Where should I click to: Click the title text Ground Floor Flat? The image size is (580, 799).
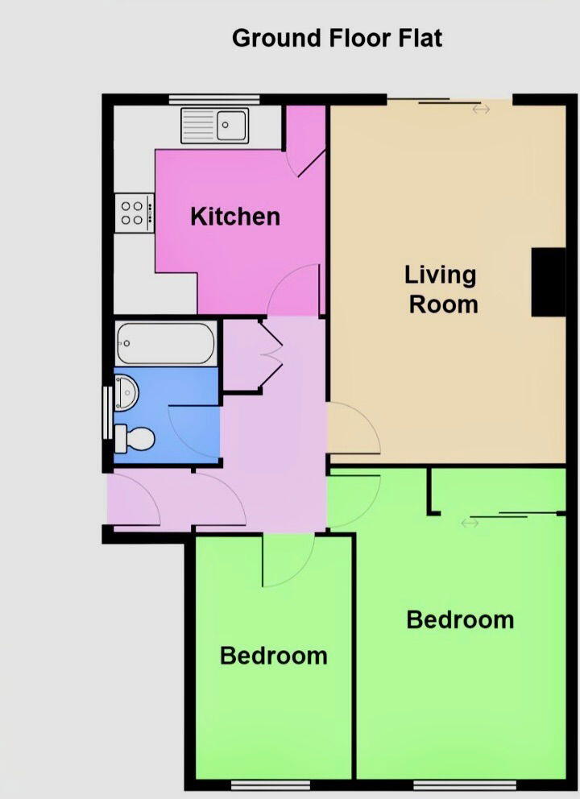pyautogui.click(x=337, y=38)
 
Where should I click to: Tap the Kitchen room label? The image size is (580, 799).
pyautogui.click(x=235, y=216)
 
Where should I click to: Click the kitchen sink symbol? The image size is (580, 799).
pyautogui.click(x=216, y=126)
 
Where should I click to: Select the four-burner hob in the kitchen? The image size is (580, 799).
pyautogui.click(x=133, y=213)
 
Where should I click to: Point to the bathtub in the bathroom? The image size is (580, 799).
pyautogui.click(x=165, y=343)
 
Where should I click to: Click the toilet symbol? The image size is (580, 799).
pyautogui.click(x=135, y=439)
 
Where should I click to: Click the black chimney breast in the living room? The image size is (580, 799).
pyautogui.click(x=549, y=282)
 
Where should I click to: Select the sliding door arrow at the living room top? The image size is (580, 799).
pyautogui.click(x=481, y=109)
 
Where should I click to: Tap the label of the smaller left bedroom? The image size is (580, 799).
pyautogui.click(x=273, y=656)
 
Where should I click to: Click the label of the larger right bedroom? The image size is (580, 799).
pyautogui.click(x=460, y=619)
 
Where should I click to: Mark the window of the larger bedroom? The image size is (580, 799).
pyautogui.click(x=465, y=784)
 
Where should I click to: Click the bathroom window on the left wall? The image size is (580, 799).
pyautogui.click(x=107, y=413)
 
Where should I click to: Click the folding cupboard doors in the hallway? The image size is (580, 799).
pyautogui.click(x=270, y=354)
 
